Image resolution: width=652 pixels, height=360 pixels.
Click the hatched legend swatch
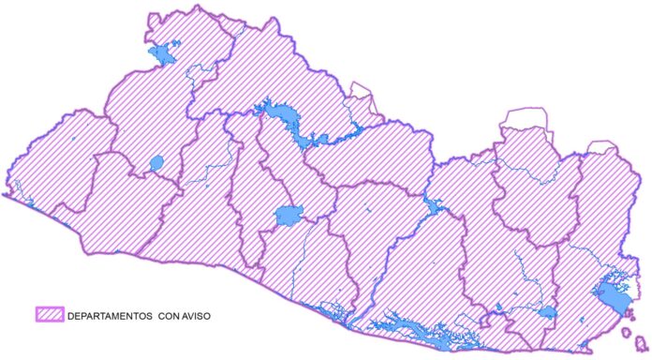tap(49, 316)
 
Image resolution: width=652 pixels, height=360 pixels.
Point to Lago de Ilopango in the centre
tap(289, 217)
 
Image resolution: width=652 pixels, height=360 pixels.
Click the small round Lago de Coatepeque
tap(156, 164)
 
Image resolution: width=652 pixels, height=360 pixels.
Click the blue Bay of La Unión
tap(615, 300)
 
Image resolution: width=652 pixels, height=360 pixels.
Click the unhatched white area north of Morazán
tap(525, 119)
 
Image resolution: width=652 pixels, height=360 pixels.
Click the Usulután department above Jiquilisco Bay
tap(422, 272)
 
